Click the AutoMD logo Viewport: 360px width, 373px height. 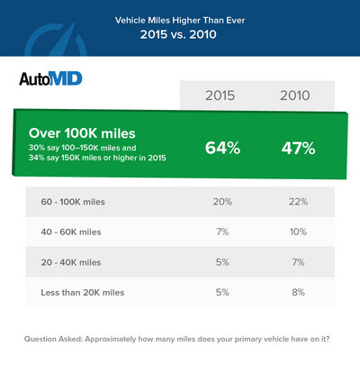pos(50,78)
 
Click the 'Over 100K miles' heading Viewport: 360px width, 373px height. pos(85,132)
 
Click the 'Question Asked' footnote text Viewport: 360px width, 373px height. pos(180,340)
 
